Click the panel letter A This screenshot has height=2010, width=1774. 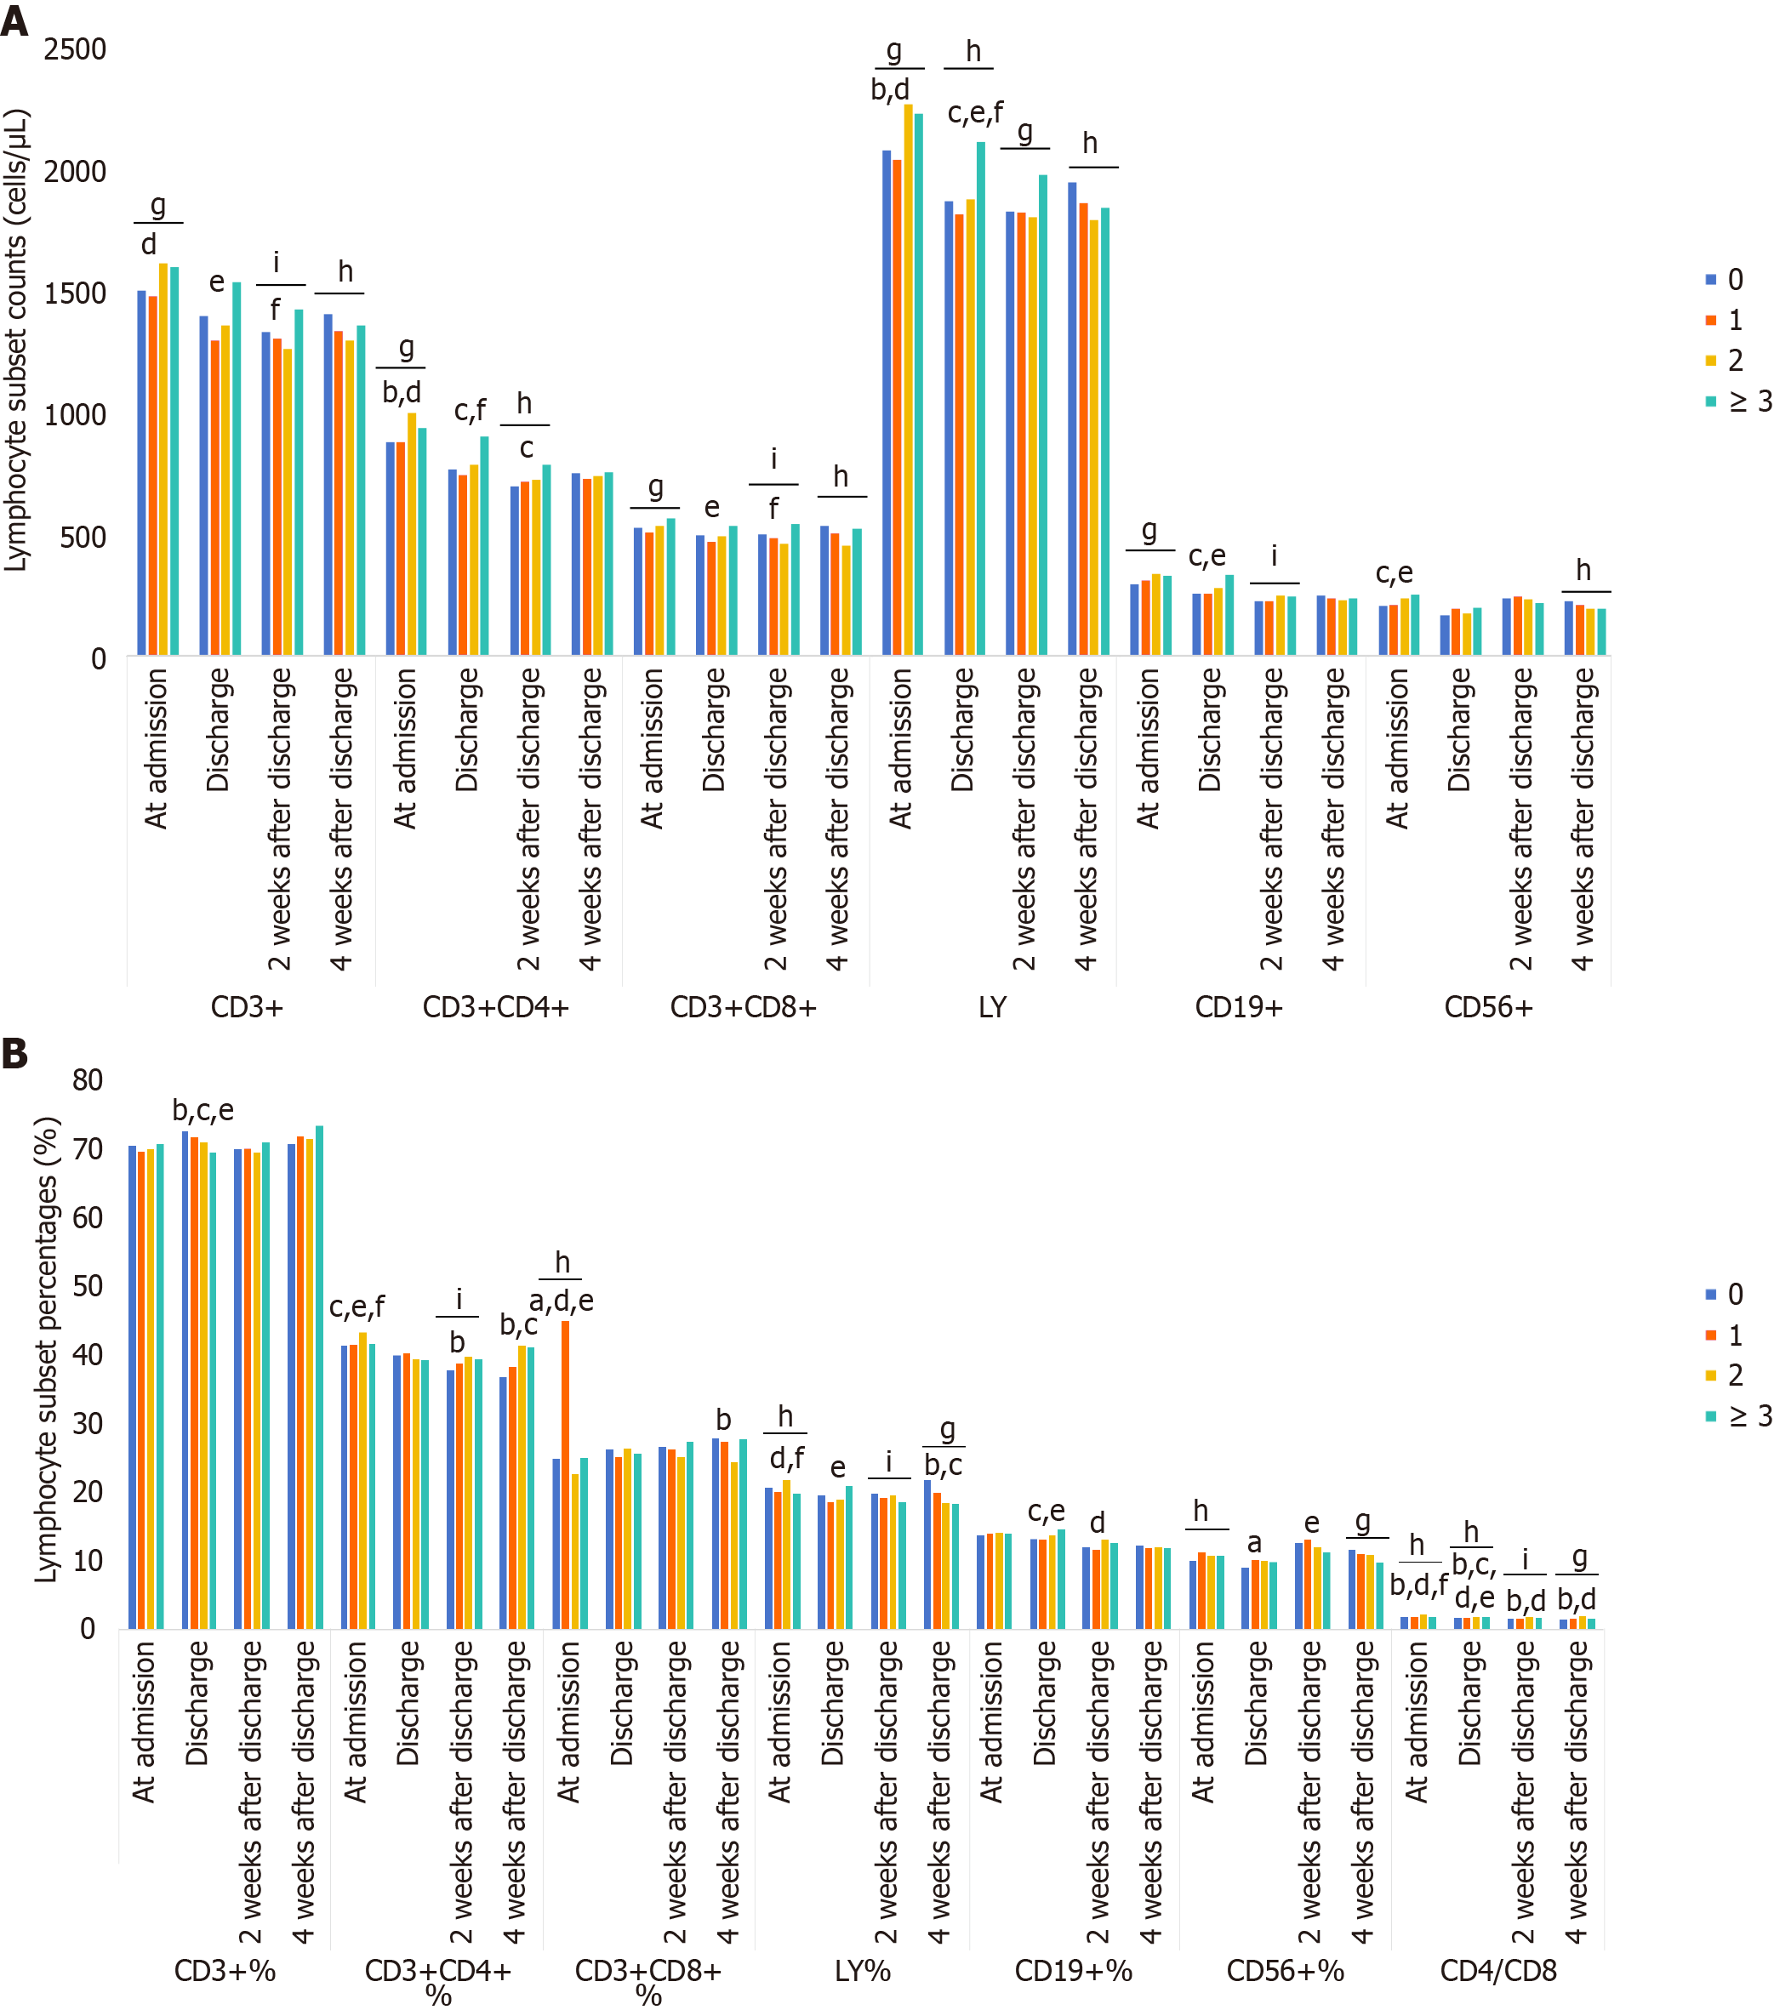(x=14, y=20)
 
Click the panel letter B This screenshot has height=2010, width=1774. (x=14, y=1053)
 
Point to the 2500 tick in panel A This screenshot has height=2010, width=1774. (x=75, y=49)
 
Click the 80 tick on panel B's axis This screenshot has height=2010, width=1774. (x=88, y=1081)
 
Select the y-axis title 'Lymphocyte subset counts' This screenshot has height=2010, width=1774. (x=17, y=339)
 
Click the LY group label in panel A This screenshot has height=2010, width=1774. (x=992, y=1007)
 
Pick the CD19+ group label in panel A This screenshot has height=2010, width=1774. (x=1238, y=1007)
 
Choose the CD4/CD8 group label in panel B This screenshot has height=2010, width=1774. (x=1497, y=1971)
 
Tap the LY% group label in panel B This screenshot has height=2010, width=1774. (x=863, y=1971)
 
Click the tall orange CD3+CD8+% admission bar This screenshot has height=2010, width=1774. (x=566, y=1475)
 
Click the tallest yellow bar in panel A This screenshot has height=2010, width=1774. (x=909, y=379)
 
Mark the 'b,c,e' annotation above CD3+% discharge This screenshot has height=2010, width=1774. (x=202, y=1110)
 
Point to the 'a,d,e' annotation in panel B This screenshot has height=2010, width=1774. (x=562, y=1301)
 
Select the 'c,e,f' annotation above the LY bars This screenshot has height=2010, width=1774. (x=974, y=113)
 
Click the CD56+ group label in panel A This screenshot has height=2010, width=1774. (x=1488, y=1007)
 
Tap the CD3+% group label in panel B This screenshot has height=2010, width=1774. (x=225, y=1971)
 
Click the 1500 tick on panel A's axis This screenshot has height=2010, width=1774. (x=75, y=293)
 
